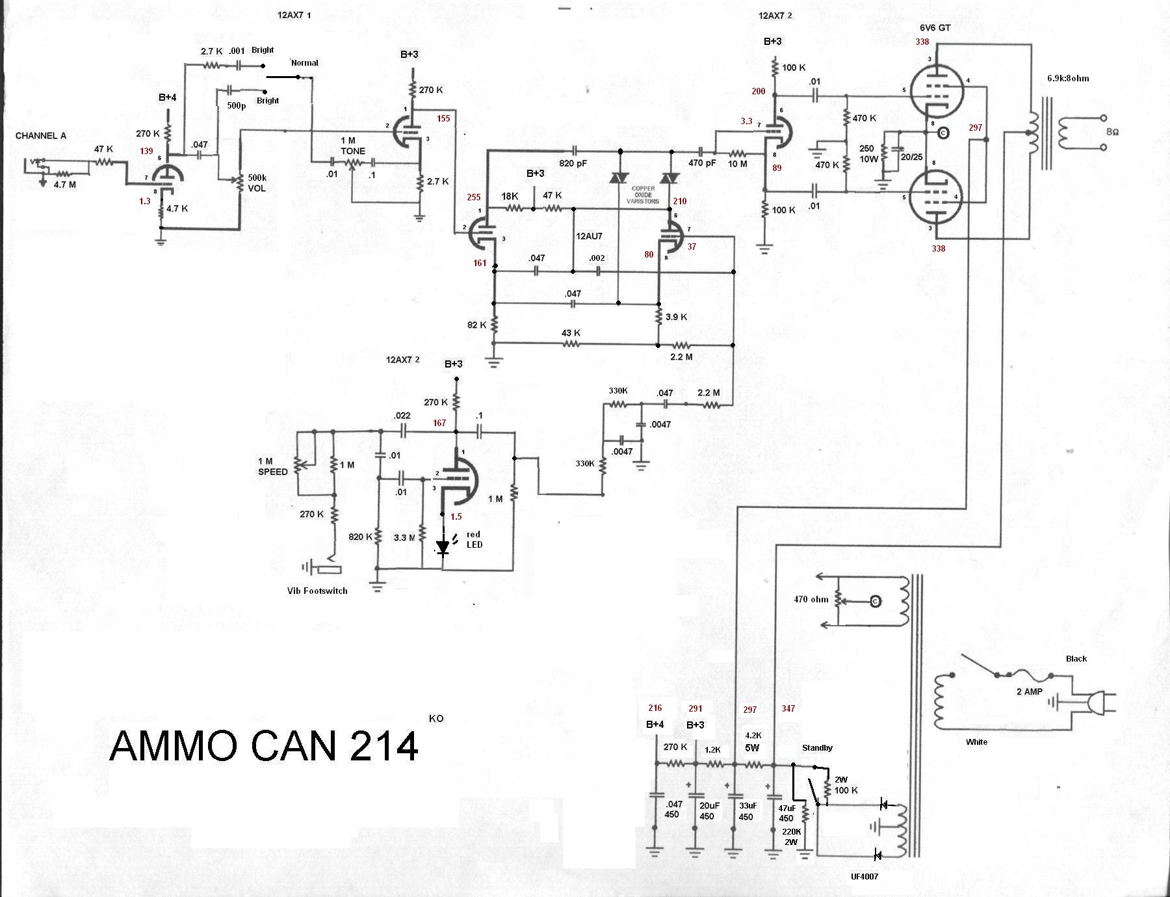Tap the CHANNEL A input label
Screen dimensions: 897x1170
point(41,135)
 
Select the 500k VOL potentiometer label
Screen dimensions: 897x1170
point(256,183)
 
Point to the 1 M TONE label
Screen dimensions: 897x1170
point(353,146)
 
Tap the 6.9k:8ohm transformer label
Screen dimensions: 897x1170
point(1068,78)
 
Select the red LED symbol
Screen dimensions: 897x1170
point(443,547)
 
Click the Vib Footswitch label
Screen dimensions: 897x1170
point(317,591)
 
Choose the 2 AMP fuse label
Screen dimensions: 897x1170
point(1030,691)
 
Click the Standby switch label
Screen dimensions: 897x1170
point(817,747)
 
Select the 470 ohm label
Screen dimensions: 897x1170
point(811,599)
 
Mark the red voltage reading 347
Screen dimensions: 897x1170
point(788,708)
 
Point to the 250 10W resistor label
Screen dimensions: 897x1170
point(866,154)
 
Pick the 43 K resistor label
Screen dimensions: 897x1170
point(571,333)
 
